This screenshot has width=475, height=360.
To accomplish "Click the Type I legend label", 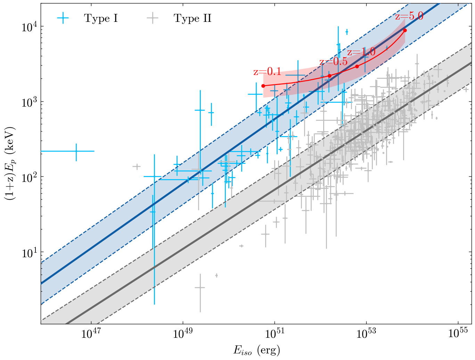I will tap(101, 18).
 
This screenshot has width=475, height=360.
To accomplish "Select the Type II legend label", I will tap(193, 18).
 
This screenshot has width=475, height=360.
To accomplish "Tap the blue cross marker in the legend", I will tap(63, 18).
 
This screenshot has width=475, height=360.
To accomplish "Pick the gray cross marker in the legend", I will tap(153, 18).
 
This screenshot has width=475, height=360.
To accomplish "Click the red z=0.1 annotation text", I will tap(267, 72).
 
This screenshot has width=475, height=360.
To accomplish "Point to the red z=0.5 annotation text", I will tap(333, 61).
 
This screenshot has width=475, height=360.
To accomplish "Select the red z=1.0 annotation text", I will tap(361, 52).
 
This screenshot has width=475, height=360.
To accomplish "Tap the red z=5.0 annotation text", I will tap(409, 16).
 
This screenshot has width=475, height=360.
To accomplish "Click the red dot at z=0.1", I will tap(263, 86).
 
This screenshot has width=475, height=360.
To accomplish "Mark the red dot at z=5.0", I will tap(405, 30).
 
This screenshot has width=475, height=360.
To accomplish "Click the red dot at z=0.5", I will tap(329, 76).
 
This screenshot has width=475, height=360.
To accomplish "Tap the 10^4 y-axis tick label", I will tap(29, 27).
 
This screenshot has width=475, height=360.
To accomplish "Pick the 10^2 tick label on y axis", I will tap(29, 177).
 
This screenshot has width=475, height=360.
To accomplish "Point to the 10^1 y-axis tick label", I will tap(29, 252).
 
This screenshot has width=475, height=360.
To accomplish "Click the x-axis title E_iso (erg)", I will tap(256, 351).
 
